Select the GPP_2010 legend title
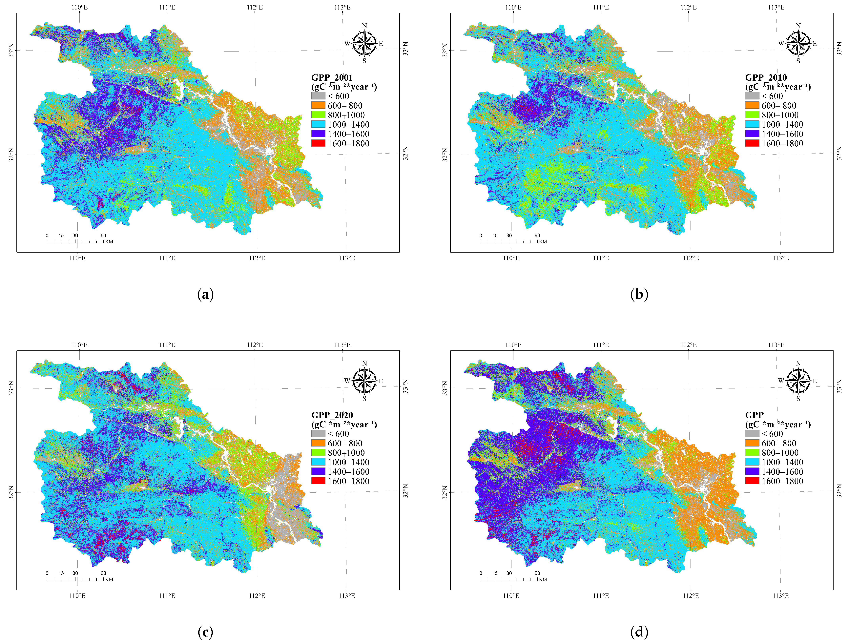[x=766, y=77]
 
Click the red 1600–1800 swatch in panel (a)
[x=318, y=143]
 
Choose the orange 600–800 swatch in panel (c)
[x=318, y=443]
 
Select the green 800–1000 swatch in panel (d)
[x=752, y=452]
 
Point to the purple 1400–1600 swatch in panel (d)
[x=752, y=471]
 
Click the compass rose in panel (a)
[x=364, y=43]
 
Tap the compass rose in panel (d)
[x=798, y=381]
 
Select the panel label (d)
[x=639, y=632]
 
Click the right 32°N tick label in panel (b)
[x=840, y=153]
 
